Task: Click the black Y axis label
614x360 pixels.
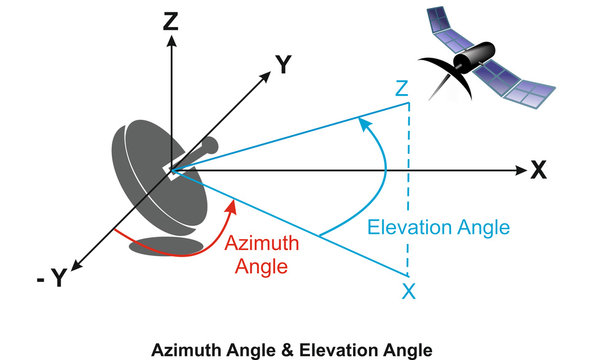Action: (284, 66)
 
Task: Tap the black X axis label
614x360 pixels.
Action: (539, 170)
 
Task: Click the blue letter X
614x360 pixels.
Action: (407, 292)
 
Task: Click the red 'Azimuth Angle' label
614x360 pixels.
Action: (256, 255)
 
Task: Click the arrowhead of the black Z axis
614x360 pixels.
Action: (173, 43)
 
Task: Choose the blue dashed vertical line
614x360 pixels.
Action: (408, 190)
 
